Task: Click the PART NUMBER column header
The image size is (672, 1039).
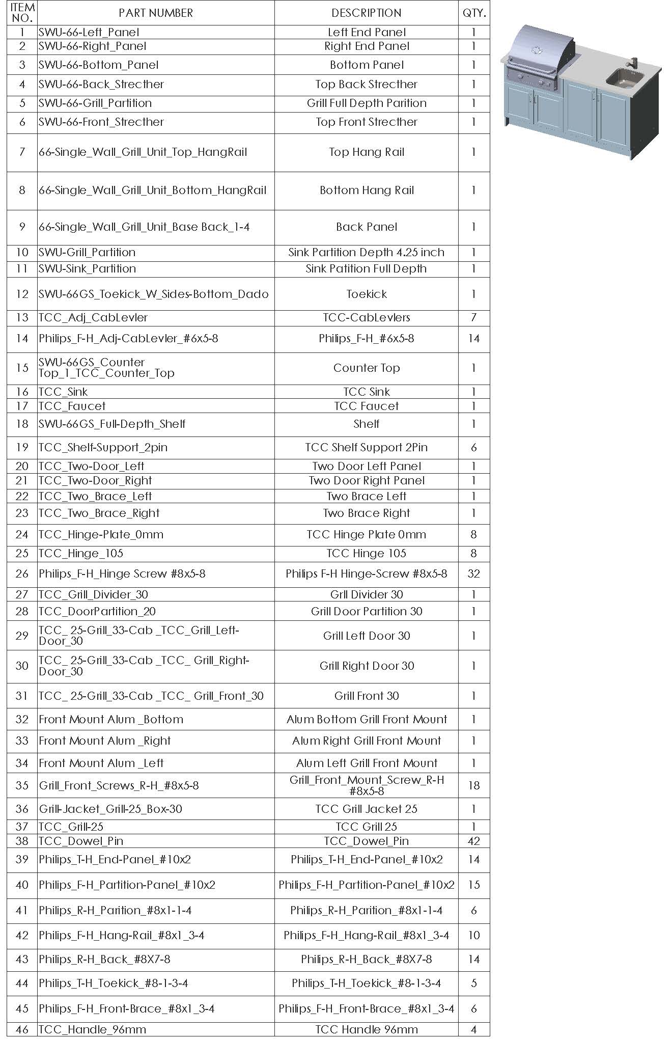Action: [156, 13]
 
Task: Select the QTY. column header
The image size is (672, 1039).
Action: [474, 13]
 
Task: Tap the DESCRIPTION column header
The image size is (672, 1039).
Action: [366, 13]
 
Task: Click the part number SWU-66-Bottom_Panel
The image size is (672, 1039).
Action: [99, 65]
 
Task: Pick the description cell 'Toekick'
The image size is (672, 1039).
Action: [366, 294]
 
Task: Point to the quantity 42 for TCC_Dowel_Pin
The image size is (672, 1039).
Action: [473, 841]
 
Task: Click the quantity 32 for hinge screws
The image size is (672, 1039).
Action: [473, 573]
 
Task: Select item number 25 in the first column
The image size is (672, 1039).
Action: [22, 553]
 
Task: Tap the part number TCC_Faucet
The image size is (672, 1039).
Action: [72, 406]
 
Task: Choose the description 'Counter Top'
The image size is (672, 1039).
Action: [366, 368]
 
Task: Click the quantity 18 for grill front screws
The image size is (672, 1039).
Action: [473, 785]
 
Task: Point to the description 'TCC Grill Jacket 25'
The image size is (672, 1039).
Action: [366, 809]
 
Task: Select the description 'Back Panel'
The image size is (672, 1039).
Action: [366, 227]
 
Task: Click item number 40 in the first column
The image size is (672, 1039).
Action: [22, 885]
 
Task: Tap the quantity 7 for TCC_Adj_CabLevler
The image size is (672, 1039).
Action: [473, 317]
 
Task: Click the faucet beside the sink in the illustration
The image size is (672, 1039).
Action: [634, 64]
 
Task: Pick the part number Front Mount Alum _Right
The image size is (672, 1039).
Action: [105, 741]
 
